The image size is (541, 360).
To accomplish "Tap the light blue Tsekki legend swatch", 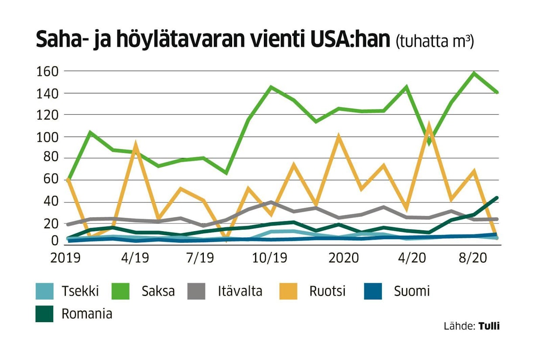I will [44, 291].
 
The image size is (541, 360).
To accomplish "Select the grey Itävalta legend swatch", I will [197, 291].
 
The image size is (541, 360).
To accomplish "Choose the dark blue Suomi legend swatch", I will [373, 291].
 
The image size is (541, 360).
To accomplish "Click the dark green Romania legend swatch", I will [44, 314].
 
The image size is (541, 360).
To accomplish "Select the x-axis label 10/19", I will [270, 258].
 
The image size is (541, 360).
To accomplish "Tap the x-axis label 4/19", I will [134, 258].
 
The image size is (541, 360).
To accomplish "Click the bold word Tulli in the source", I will [489, 326].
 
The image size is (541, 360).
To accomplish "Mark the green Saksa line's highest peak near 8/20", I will [474, 73].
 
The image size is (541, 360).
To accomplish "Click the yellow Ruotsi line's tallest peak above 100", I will [429, 125].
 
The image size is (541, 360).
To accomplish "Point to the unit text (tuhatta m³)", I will [435, 42].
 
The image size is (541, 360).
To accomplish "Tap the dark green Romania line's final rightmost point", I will [497, 198].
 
